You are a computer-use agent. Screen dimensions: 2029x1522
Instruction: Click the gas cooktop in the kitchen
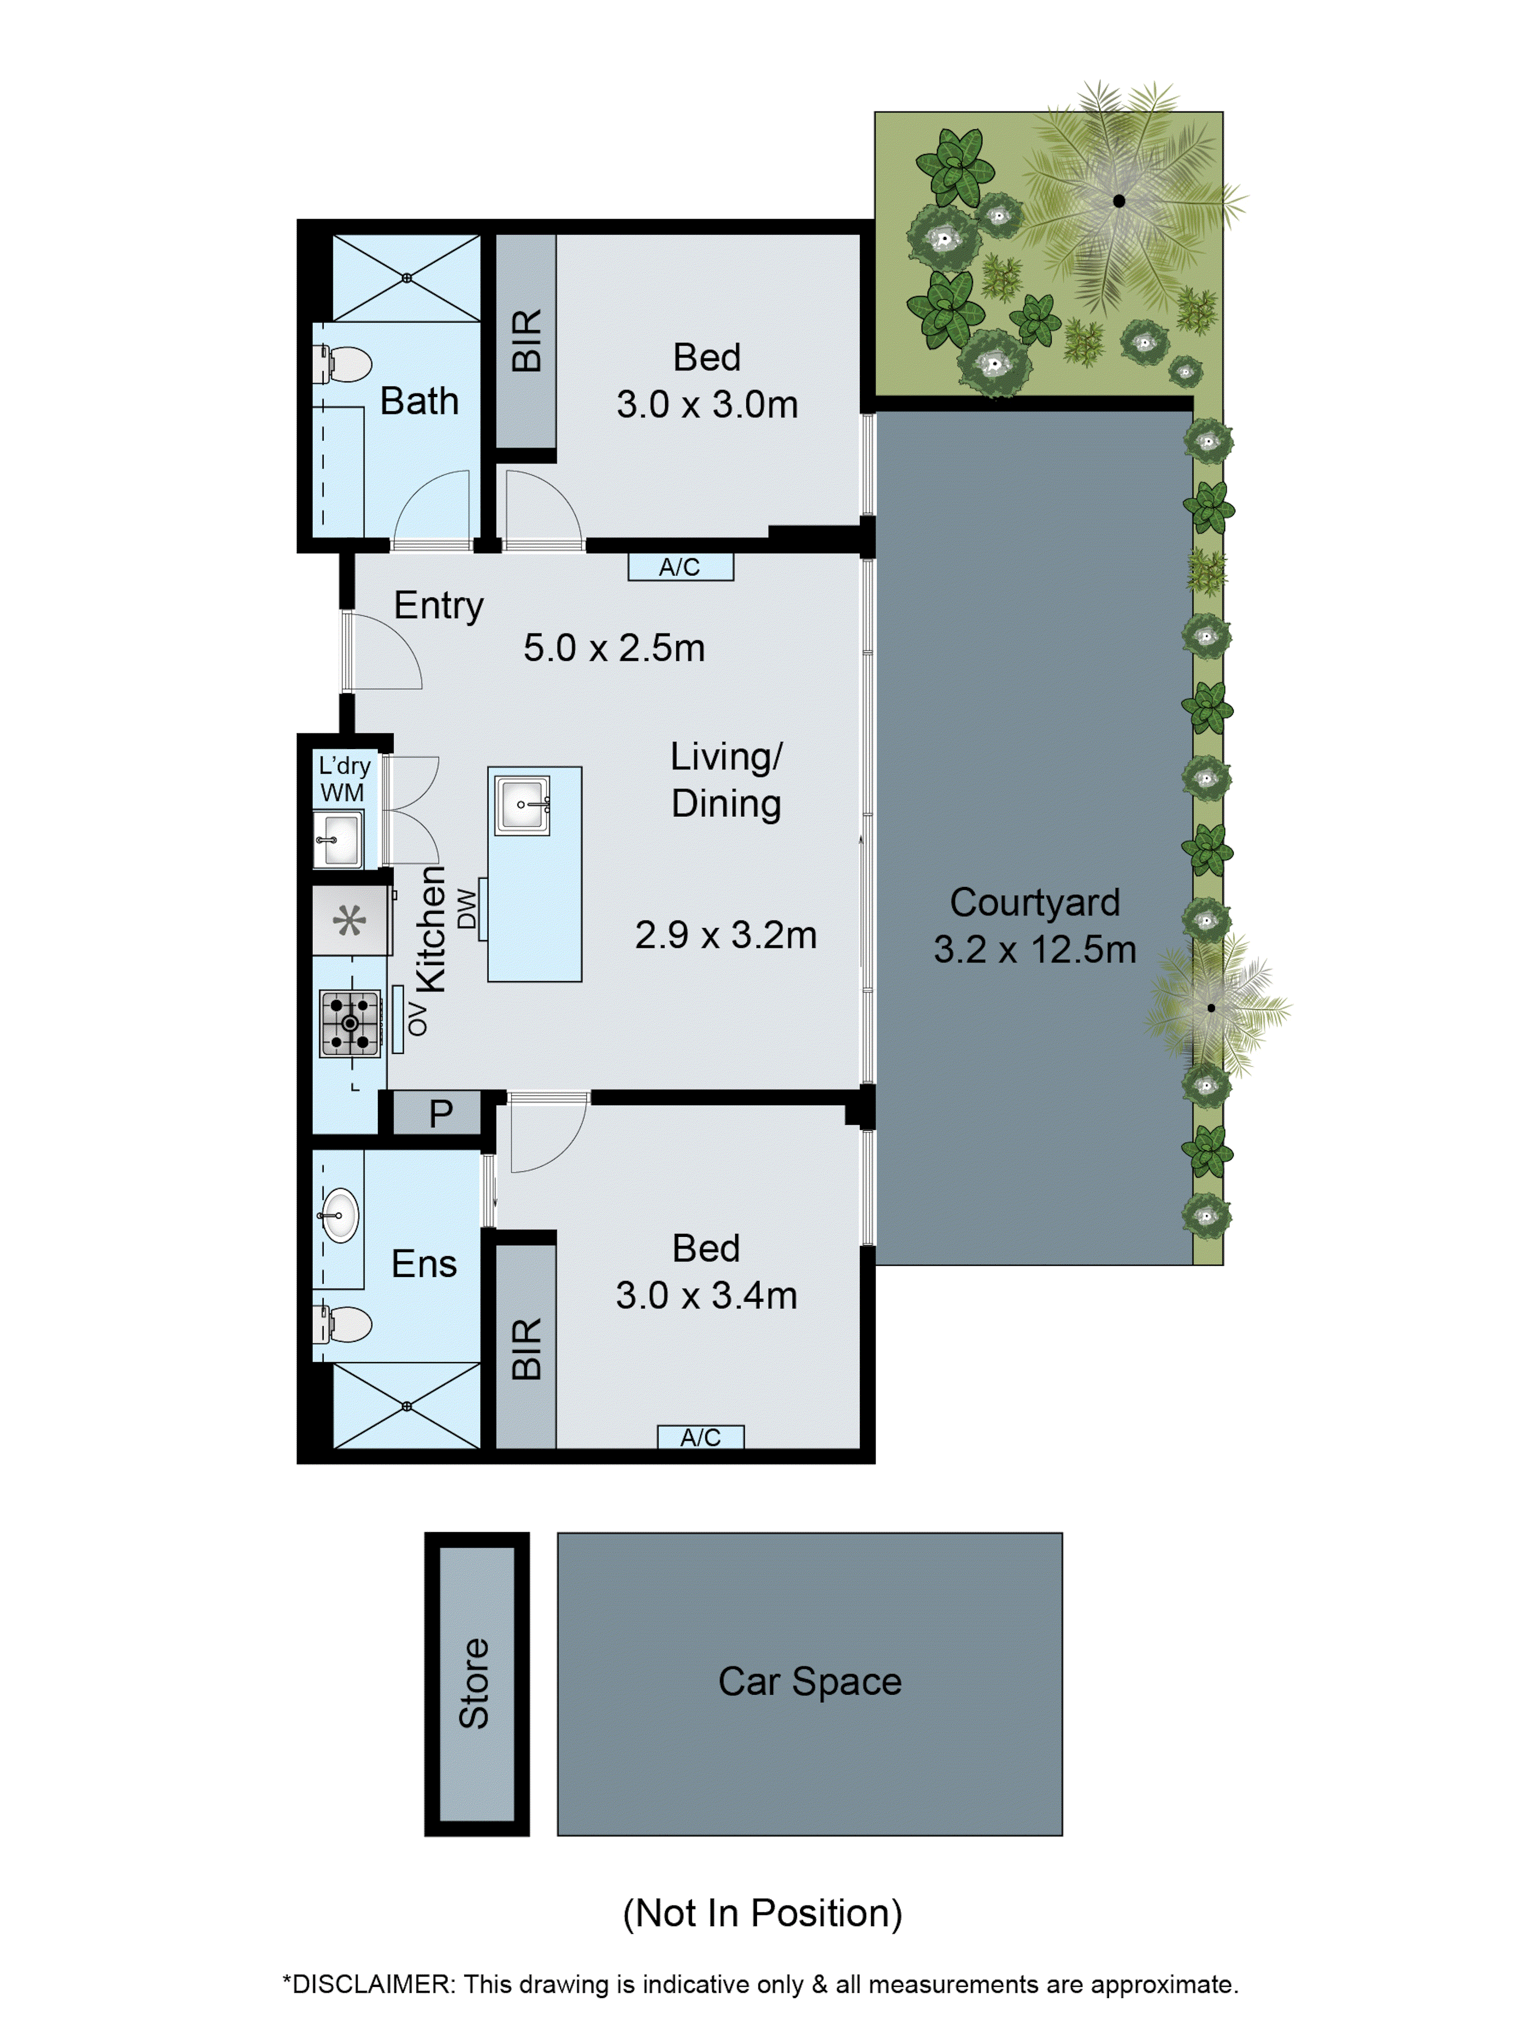click(x=350, y=1023)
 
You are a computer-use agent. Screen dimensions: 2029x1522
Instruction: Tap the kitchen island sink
click(x=522, y=804)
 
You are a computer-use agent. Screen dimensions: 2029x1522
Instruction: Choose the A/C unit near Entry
click(x=680, y=567)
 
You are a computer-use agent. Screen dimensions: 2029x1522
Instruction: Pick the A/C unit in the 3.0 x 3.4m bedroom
click(x=700, y=1437)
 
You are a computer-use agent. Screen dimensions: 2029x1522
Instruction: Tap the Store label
click(x=474, y=1683)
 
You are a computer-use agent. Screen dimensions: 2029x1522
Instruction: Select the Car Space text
click(x=809, y=1681)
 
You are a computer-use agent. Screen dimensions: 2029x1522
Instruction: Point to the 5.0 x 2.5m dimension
click(x=614, y=648)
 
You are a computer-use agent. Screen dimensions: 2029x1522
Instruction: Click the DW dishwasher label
click(x=467, y=908)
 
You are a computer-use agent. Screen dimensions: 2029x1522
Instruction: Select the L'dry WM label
click(x=343, y=778)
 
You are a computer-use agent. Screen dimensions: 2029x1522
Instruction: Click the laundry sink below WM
click(x=338, y=838)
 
